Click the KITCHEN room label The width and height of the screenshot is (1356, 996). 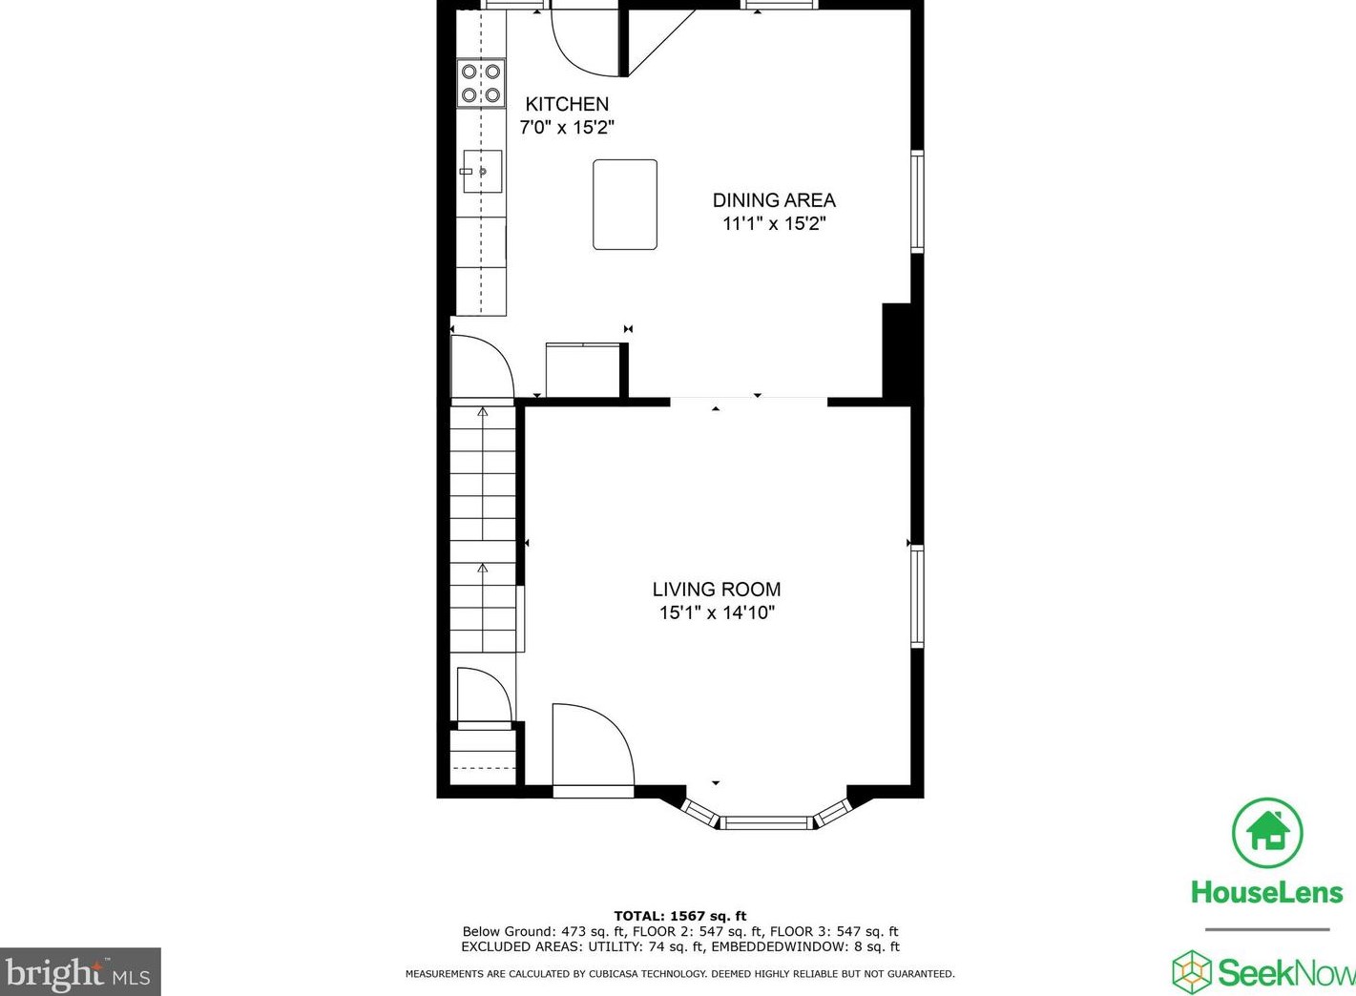(567, 104)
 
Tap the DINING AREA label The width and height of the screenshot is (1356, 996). (774, 200)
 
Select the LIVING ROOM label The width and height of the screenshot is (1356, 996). (716, 590)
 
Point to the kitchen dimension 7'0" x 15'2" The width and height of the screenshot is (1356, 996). (567, 127)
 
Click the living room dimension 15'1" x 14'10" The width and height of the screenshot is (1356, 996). (716, 612)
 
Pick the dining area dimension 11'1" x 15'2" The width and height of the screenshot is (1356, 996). (774, 223)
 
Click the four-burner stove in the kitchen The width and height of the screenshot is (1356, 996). (481, 83)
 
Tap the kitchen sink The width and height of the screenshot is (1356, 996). (482, 172)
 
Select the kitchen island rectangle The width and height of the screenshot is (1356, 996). (625, 204)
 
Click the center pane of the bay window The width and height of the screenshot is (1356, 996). (766, 822)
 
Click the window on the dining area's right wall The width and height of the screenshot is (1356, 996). (917, 200)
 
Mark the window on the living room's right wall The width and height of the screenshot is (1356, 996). (917, 596)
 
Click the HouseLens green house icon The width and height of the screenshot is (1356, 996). (1266, 832)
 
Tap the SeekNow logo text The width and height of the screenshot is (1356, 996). (1283, 973)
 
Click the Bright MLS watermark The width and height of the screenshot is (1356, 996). (80, 973)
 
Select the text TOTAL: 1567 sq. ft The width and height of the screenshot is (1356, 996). (679, 916)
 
